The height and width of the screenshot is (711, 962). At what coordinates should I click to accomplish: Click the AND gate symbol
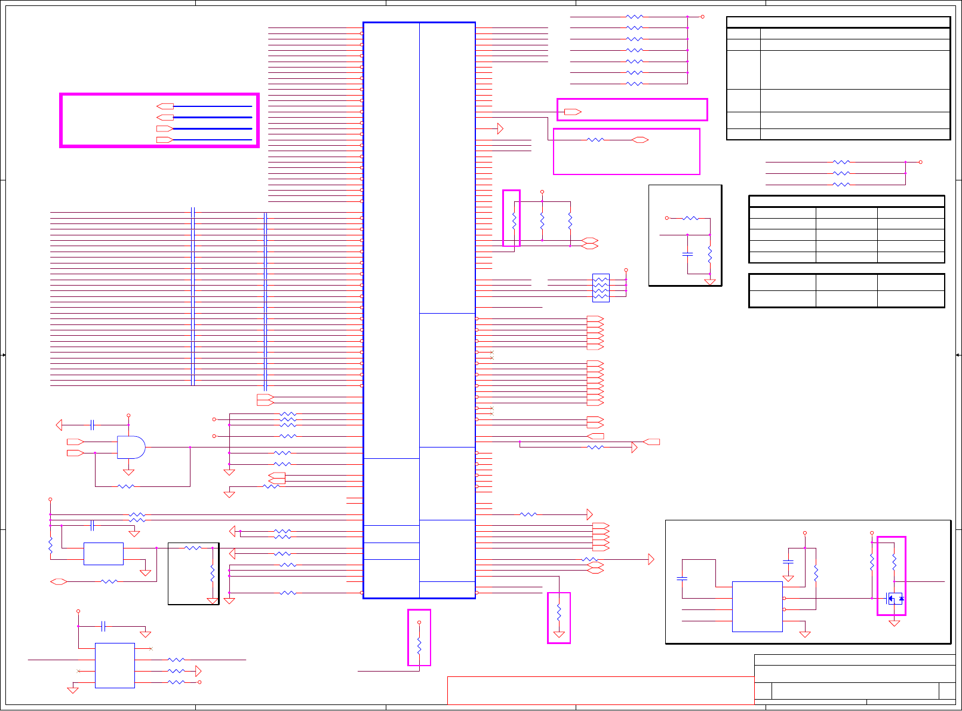point(131,447)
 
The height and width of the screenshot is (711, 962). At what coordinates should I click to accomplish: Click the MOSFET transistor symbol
point(895,598)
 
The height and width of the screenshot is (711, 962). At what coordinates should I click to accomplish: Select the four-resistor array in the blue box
point(601,287)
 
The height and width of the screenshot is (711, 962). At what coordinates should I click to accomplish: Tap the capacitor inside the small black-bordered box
point(687,254)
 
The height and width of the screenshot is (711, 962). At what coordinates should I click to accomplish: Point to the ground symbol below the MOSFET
point(894,623)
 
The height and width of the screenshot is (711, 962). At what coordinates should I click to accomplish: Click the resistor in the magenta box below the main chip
point(419,646)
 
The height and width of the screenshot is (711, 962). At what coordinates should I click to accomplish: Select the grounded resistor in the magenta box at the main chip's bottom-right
point(559,613)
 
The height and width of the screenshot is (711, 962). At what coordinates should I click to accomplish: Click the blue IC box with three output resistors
point(115,665)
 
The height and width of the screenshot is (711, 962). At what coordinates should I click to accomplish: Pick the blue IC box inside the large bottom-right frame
point(757,606)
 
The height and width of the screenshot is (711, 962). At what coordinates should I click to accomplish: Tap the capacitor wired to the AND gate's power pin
point(93,425)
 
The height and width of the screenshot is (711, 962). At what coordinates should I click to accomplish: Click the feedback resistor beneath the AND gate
point(126,486)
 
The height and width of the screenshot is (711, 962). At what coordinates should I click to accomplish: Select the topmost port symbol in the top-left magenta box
point(165,106)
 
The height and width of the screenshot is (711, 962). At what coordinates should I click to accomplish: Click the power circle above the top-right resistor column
point(702,17)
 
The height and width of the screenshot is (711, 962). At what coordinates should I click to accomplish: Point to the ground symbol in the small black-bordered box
point(710,282)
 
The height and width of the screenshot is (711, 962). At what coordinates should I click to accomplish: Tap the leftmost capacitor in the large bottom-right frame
point(682,578)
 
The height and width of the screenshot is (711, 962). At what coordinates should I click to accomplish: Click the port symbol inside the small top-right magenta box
point(573,112)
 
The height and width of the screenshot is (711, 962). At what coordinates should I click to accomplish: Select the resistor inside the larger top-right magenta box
point(595,140)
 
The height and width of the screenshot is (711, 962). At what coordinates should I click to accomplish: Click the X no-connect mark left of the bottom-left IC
point(79,671)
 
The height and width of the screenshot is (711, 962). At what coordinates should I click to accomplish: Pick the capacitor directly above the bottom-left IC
point(104,626)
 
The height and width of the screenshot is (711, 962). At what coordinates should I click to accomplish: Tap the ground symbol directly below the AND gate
point(128,473)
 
